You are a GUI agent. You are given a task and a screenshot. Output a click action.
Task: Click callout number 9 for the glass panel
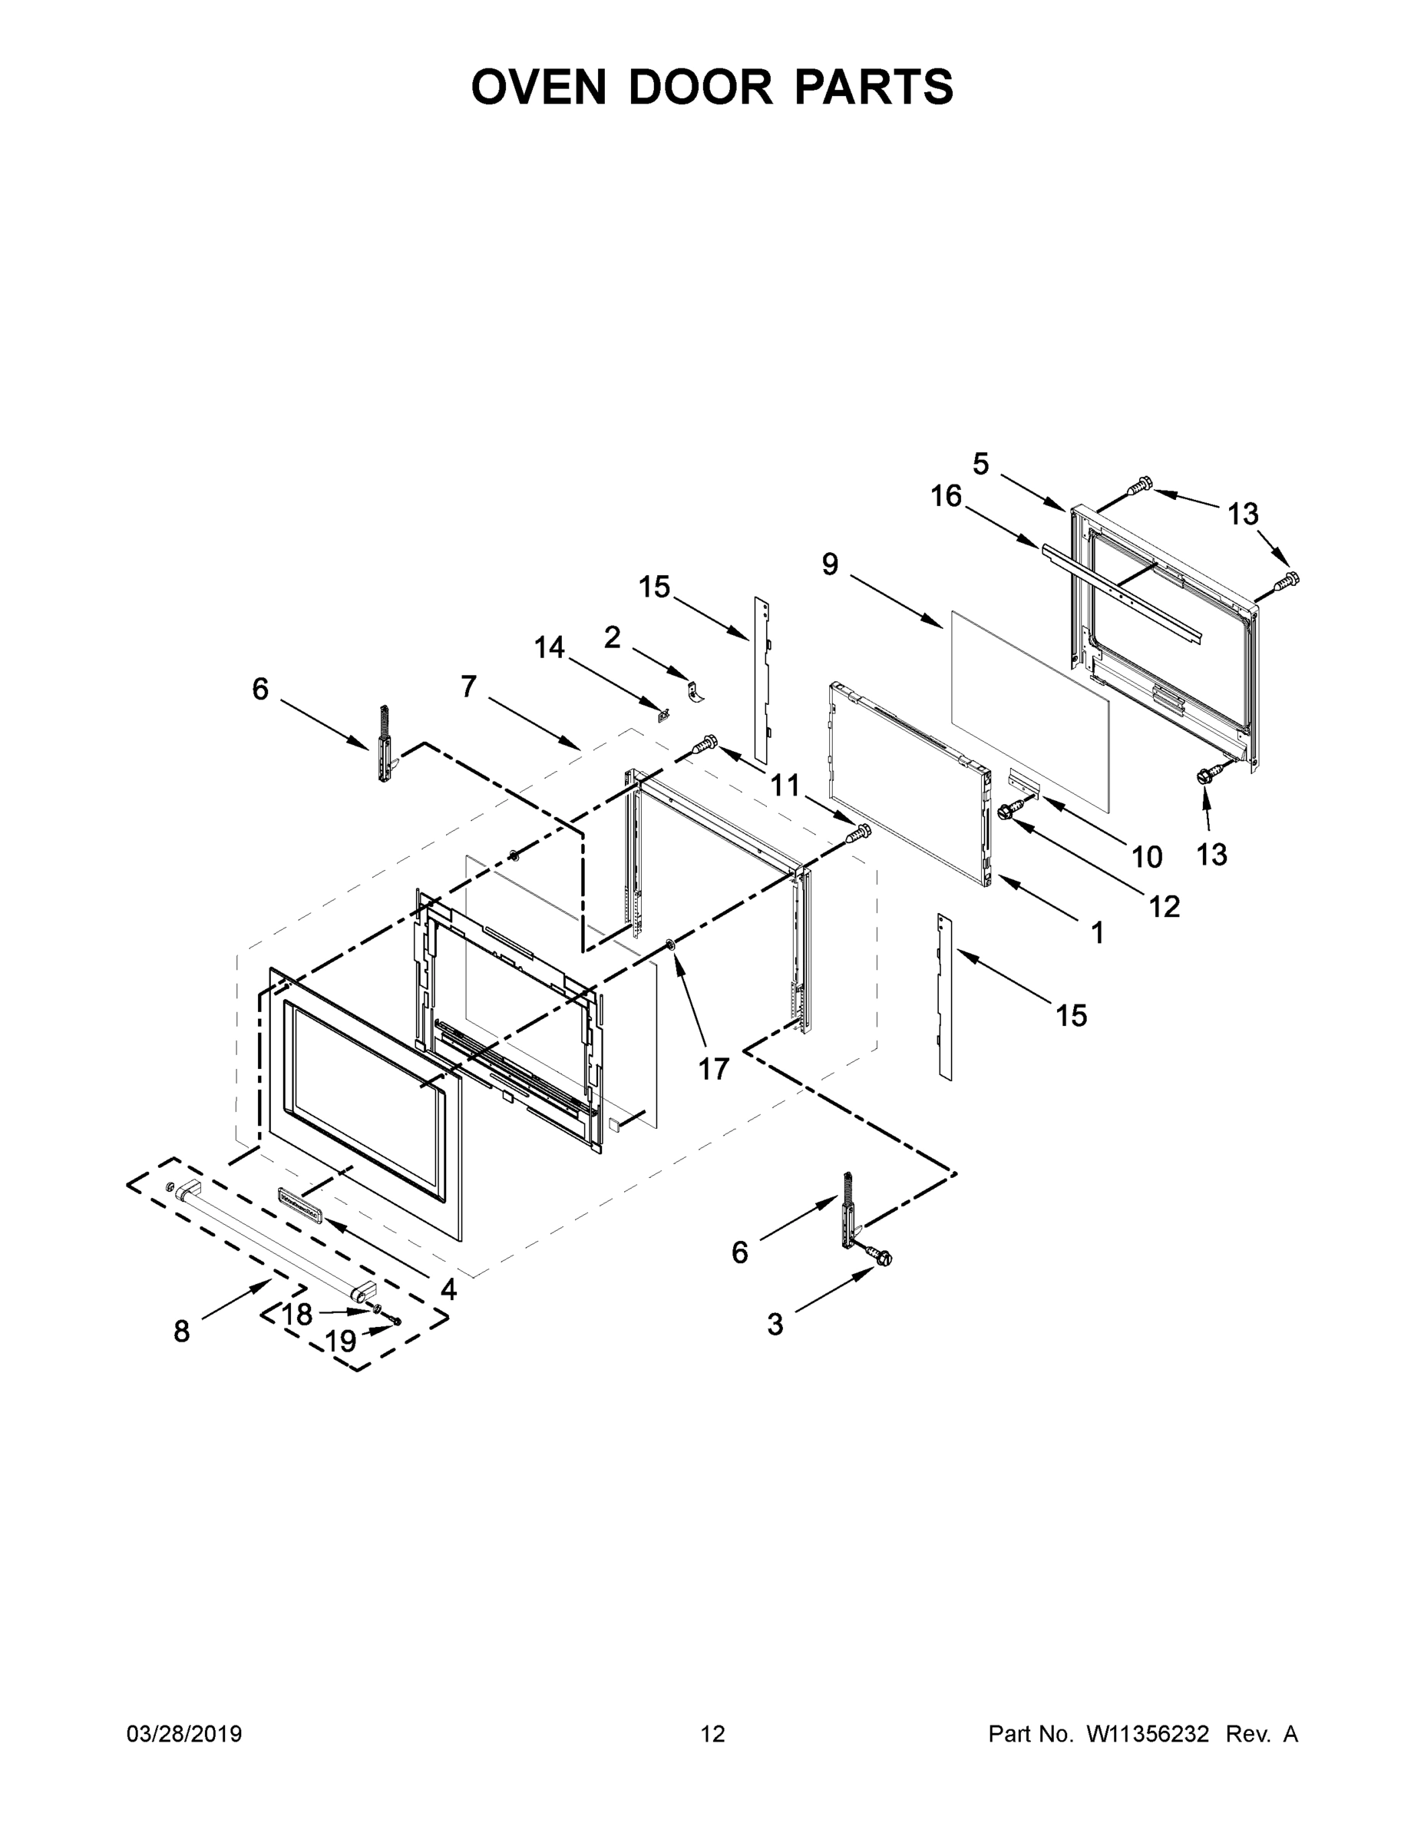[830, 564]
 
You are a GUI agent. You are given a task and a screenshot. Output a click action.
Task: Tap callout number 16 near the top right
[946, 496]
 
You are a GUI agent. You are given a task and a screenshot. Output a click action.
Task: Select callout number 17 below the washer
[713, 1069]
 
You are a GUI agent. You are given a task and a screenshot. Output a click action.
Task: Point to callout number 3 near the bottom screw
[775, 1324]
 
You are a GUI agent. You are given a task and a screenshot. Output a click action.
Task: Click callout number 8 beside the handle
[181, 1332]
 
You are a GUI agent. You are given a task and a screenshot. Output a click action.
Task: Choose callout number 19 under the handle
[341, 1342]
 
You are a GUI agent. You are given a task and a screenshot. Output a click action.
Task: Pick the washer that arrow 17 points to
[672, 941]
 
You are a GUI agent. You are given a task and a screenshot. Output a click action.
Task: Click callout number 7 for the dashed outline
[469, 687]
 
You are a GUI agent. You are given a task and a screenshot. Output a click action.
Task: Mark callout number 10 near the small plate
[1146, 856]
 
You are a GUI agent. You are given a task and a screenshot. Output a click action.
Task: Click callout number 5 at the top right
[980, 463]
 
